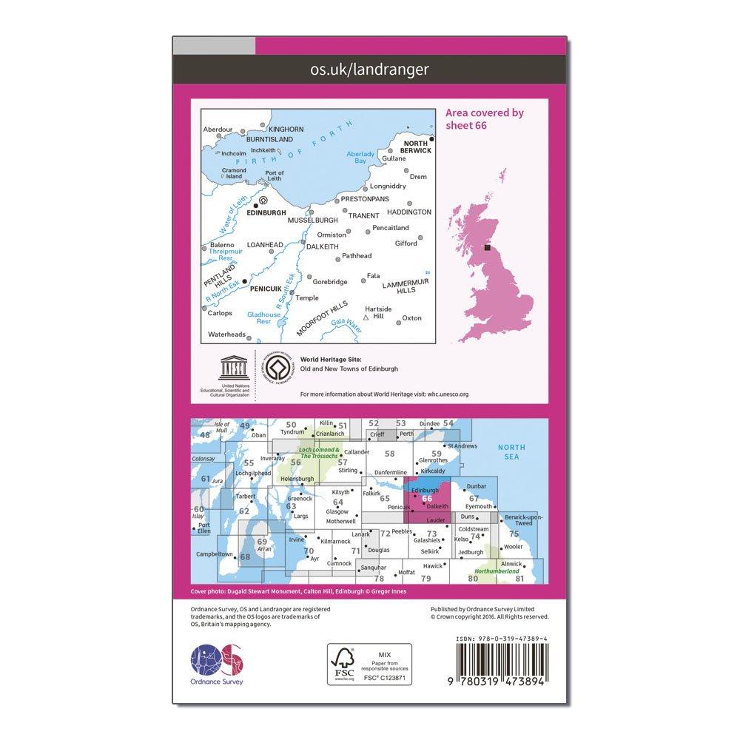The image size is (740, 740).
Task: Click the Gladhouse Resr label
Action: click(264, 318)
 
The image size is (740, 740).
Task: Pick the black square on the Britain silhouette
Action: click(487, 249)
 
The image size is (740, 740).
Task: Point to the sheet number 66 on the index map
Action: click(426, 498)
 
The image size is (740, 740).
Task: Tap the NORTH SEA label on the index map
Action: click(512, 452)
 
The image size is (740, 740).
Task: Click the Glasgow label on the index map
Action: click(337, 511)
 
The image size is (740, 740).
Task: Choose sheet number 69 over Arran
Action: click(262, 542)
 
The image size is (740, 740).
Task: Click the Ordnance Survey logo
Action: click(218, 662)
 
